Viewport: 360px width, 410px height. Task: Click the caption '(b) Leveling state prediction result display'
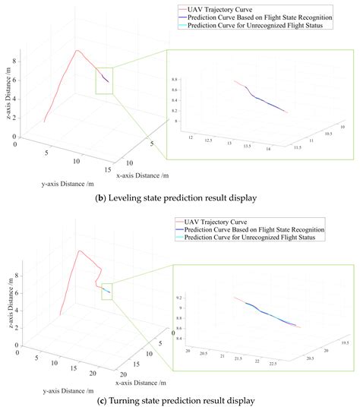(x=180, y=198)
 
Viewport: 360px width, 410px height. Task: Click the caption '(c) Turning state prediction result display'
(x=180, y=400)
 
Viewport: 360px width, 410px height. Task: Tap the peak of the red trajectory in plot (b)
(x=77, y=51)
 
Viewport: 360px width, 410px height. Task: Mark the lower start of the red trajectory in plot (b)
(x=44, y=121)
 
